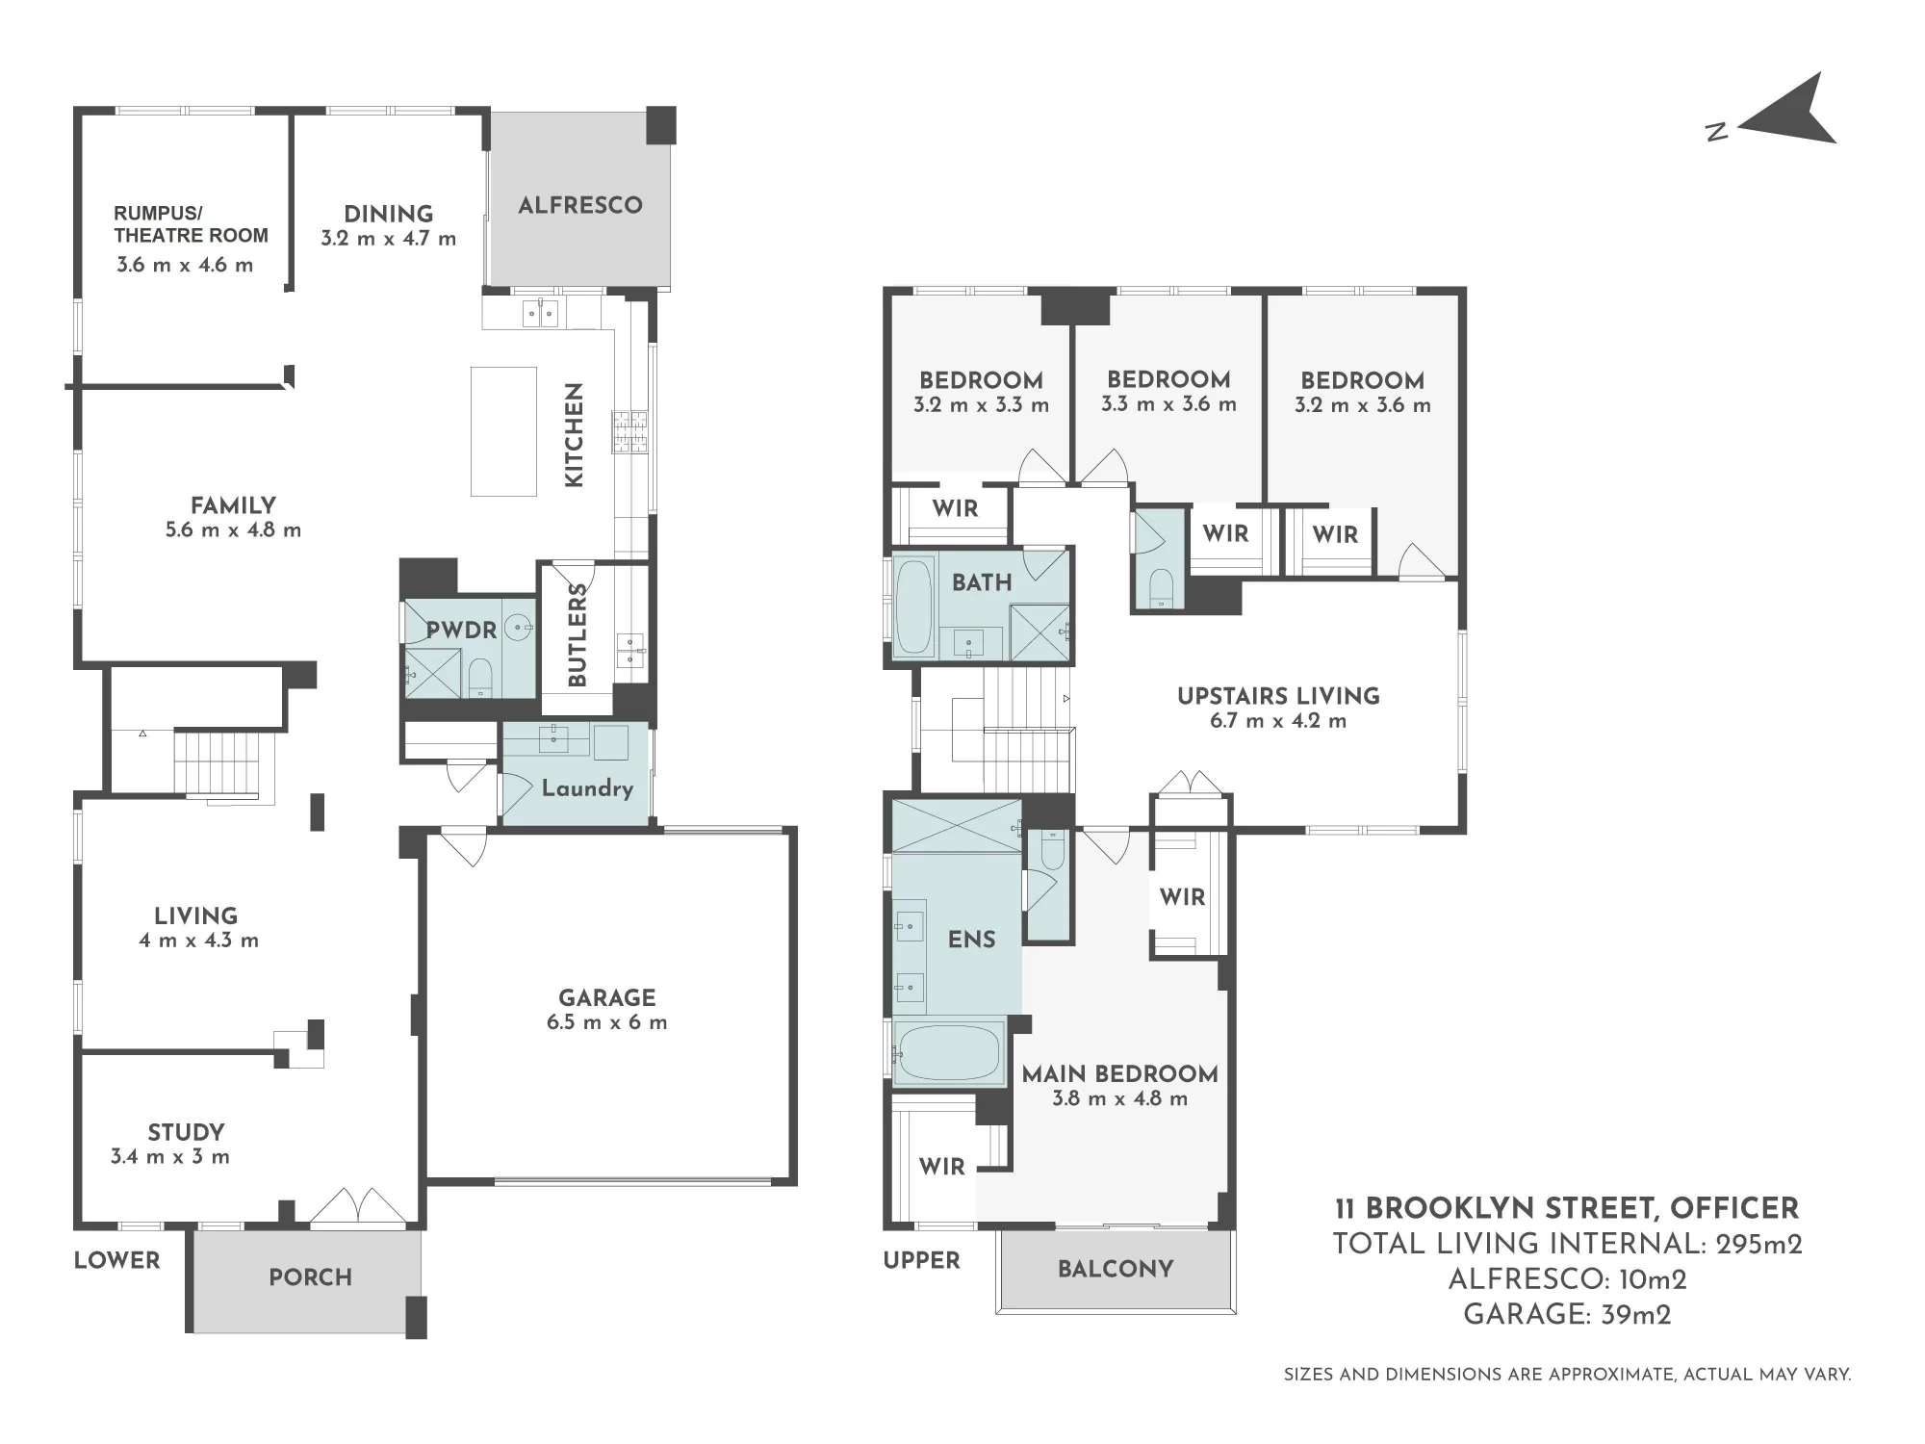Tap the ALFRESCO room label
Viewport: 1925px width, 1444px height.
pos(580,205)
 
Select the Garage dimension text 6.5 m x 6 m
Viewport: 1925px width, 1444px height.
pos(606,1022)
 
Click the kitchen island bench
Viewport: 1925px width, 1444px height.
pos(503,431)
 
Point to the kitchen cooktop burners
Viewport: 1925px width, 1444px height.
pos(630,432)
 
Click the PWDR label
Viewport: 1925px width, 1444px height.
pos(462,631)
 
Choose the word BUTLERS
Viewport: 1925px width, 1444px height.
pos(577,634)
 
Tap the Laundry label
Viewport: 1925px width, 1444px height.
pos(587,788)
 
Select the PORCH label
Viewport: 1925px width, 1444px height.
pos(310,1277)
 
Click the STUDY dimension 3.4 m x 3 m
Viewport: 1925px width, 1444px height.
pos(170,1157)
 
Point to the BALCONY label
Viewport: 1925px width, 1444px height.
pos(1116,1269)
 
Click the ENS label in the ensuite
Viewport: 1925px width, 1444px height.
pos(972,940)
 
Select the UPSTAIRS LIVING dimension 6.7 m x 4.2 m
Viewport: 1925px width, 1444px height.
pos(1278,721)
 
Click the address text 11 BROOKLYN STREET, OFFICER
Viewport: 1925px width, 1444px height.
pos(1567,1208)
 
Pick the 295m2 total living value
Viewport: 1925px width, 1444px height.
pos(1759,1244)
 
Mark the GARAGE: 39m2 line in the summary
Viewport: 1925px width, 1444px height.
pos(1567,1314)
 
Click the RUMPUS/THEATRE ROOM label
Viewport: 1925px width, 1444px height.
pos(191,224)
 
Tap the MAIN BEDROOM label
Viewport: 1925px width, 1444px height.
pos(1120,1074)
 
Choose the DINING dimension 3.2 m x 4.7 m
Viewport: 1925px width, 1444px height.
pos(389,239)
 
